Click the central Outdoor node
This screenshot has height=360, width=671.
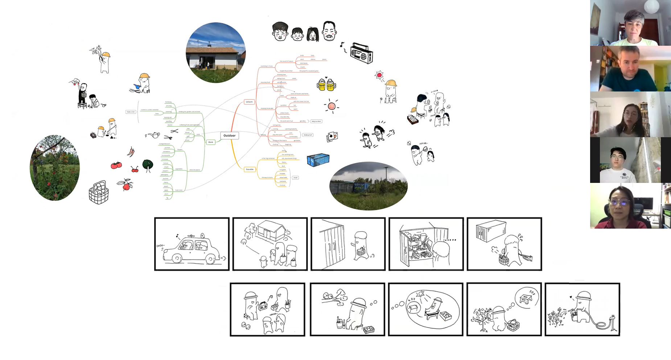229,136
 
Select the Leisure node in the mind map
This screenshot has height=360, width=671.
249,102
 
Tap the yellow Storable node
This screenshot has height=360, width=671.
250,169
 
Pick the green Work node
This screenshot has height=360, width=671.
211,142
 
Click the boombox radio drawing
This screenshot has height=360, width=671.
361,53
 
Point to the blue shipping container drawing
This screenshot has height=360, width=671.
318,160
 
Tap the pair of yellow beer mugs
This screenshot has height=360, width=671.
326,85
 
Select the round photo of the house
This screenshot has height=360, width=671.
216,53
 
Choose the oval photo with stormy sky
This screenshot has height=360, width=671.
369,186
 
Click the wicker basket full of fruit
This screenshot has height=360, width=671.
99,192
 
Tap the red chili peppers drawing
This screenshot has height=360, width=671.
131,152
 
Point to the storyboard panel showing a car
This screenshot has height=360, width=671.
192,244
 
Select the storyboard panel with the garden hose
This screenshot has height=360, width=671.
582,309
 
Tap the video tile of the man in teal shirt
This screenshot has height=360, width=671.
630,69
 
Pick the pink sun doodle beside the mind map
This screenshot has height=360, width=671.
332,106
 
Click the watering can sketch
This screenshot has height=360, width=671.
153,135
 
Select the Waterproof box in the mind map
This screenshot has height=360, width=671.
308,135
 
